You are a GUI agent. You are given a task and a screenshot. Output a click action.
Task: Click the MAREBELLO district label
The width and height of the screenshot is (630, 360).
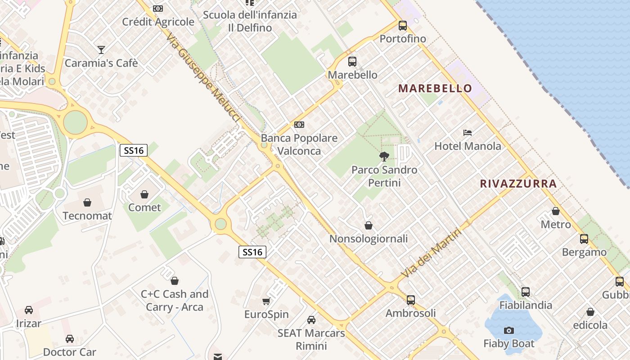click(x=435, y=88)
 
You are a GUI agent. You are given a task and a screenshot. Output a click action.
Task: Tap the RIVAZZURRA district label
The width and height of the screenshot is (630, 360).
click(x=518, y=184)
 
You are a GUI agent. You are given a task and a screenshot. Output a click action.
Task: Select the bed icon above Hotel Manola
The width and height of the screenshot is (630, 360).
click(x=468, y=133)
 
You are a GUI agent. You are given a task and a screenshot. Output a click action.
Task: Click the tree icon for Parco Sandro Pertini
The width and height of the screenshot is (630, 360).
click(x=384, y=157)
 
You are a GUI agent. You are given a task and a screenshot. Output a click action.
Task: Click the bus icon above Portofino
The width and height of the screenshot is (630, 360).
click(x=402, y=26)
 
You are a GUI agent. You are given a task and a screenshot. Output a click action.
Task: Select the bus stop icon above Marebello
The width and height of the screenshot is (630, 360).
click(x=352, y=62)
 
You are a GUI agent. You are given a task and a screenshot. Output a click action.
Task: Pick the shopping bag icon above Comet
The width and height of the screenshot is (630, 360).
click(x=144, y=194)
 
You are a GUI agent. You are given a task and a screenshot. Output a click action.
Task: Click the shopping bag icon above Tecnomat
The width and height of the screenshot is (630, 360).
click(x=87, y=202)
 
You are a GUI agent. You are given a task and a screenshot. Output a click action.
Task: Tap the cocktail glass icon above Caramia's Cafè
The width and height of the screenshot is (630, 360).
click(x=101, y=49)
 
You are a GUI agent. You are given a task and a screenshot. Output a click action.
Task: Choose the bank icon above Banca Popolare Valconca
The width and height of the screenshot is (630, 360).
click(x=299, y=125)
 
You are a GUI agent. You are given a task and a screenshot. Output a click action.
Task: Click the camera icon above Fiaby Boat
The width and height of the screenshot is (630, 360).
click(x=509, y=331)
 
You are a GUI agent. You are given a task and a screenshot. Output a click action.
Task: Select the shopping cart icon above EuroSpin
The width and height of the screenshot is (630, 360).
click(x=266, y=301)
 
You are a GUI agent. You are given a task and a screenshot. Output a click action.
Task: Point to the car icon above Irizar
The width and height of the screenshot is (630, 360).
click(x=29, y=310)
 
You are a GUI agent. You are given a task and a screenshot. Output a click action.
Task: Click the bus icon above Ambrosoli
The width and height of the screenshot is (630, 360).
click(x=410, y=300)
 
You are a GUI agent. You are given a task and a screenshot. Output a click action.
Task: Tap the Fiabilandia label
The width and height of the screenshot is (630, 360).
click(x=526, y=305)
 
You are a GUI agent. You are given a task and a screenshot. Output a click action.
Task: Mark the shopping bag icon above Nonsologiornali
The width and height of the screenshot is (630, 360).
click(x=369, y=225)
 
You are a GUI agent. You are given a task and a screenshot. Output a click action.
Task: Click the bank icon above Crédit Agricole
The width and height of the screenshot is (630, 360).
click(x=158, y=9)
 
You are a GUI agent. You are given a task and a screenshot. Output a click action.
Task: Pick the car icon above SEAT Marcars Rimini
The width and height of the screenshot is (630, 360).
click(x=311, y=320)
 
